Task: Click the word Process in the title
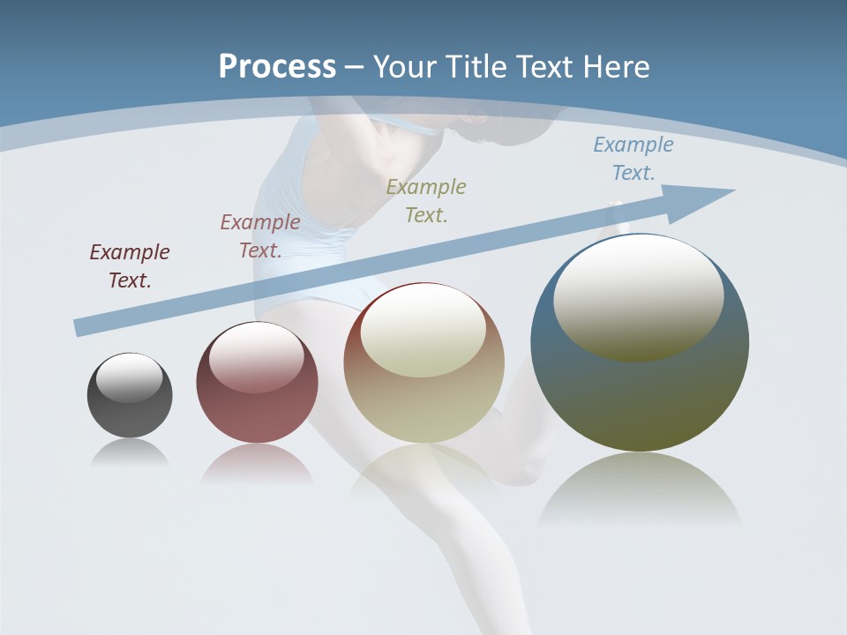point(277,66)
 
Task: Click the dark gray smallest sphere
point(130,415)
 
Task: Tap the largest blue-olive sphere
point(640,397)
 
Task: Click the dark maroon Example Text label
point(130,266)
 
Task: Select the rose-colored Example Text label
point(260,235)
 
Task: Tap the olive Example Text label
point(426,200)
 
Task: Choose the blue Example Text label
point(633,159)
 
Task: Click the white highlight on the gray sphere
point(129,377)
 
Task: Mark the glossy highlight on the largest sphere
point(638,295)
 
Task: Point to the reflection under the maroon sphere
point(257,465)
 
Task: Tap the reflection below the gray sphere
point(130,452)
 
